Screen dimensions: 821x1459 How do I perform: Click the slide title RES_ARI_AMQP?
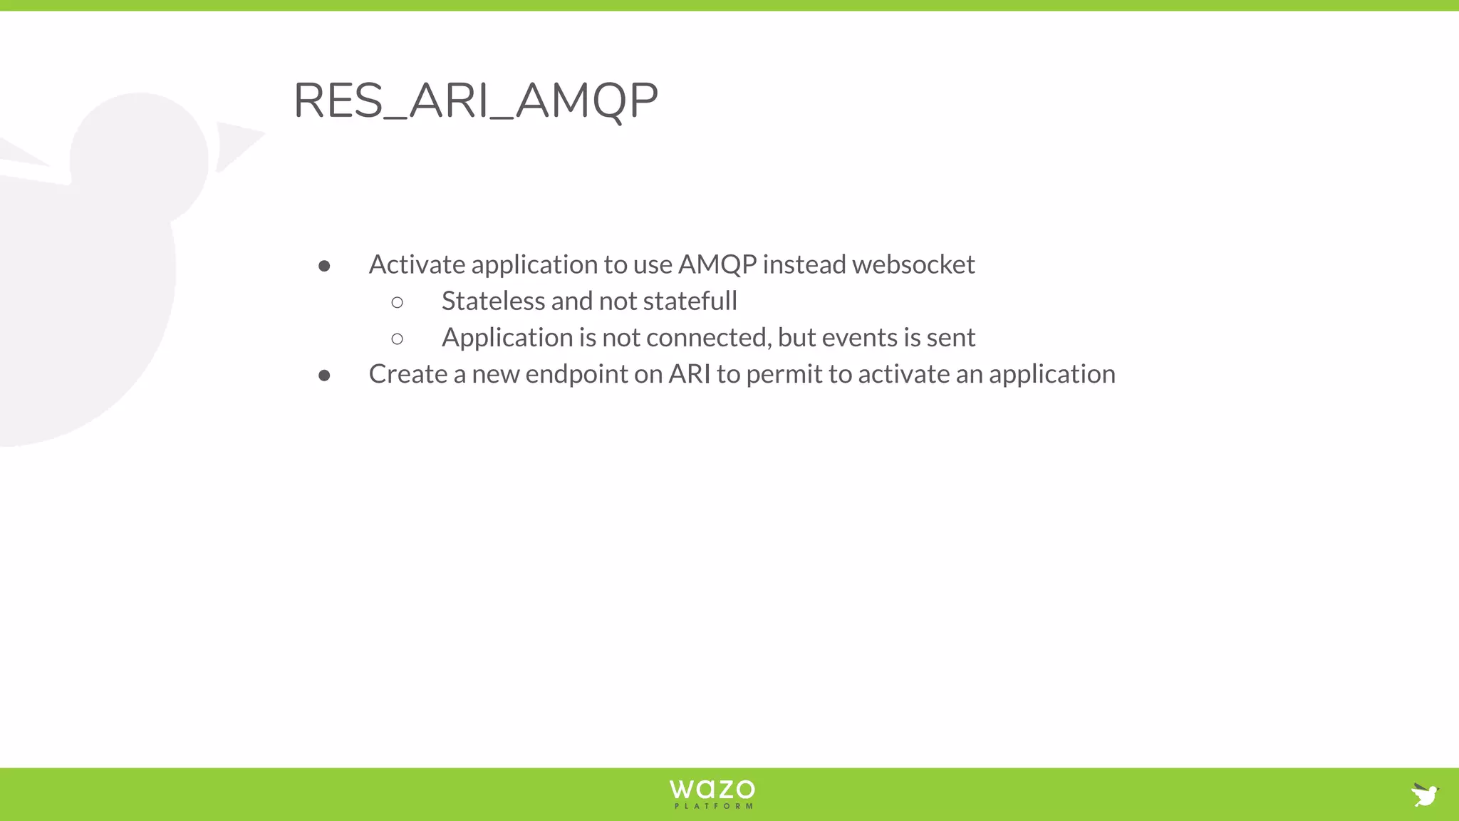coord(475,100)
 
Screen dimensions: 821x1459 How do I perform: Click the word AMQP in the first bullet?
coord(717,264)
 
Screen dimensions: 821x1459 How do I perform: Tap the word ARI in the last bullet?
coord(689,374)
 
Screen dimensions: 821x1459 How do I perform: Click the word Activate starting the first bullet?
coord(417,264)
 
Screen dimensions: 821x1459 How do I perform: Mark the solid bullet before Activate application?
coord(324,267)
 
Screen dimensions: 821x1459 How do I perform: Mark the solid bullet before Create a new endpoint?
coord(324,376)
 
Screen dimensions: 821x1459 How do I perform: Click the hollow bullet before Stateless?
coord(397,303)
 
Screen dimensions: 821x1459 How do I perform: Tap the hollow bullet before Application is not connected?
coord(397,339)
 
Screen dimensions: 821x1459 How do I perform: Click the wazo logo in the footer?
coord(712,789)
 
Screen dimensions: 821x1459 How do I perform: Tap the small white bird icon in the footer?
coord(1425,794)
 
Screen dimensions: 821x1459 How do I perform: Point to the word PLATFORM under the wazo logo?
coord(713,807)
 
